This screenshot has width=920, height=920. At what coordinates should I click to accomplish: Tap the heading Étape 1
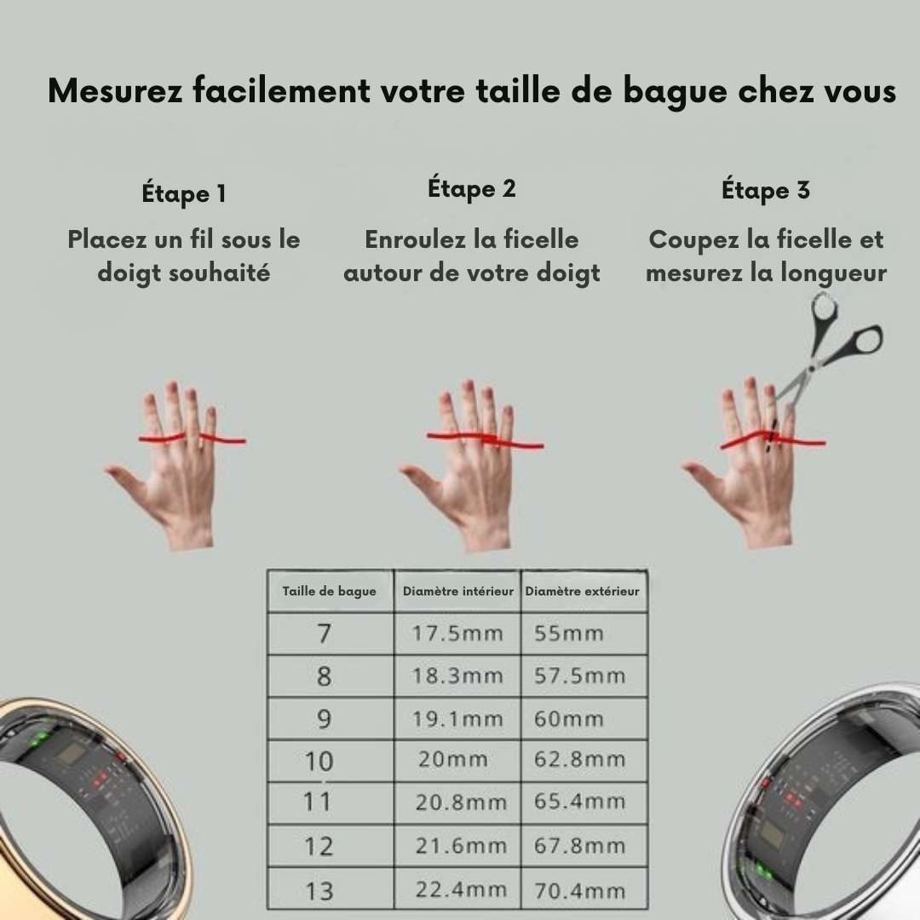[184, 193]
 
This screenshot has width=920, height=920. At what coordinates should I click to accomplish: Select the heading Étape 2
[472, 188]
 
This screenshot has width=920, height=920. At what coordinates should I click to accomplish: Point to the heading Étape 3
[766, 190]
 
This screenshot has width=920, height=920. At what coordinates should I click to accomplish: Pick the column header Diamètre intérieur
[458, 591]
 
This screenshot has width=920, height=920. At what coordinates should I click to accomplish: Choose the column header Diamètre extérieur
[583, 591]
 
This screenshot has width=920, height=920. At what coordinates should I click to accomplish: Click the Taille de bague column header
[330, 591]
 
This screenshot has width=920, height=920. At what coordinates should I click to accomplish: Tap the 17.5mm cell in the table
[458, 634]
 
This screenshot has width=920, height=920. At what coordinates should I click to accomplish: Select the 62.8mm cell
[580, 759]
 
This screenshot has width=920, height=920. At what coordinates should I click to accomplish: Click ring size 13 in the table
[319, 891]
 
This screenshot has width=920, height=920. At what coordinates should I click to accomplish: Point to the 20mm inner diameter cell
[453, 759]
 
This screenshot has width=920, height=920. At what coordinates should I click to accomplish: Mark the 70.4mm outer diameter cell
[580, 891]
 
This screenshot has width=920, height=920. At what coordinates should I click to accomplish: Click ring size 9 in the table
[324, 719]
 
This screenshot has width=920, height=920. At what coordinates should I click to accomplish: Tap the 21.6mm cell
[460, 846]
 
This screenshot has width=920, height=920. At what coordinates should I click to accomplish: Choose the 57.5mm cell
[580, 676]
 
